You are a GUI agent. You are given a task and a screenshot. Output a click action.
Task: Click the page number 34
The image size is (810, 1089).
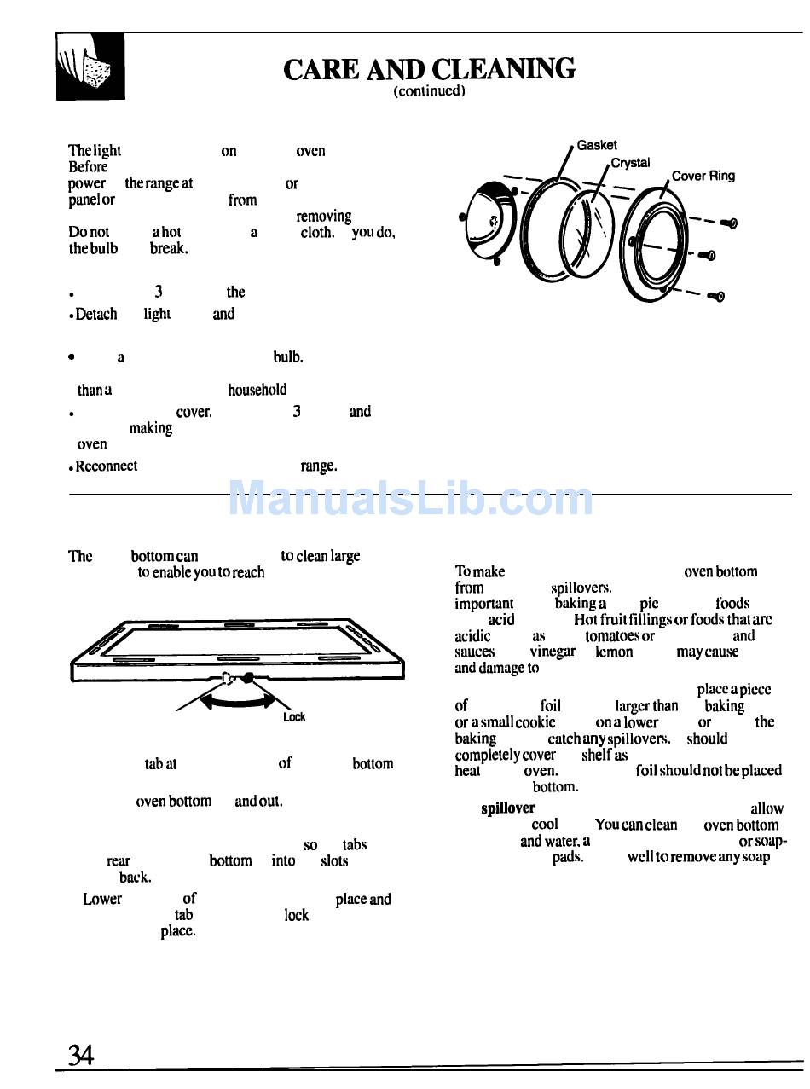pos(81,1056)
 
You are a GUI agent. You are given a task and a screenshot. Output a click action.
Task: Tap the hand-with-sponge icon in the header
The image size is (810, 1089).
pos(90,67)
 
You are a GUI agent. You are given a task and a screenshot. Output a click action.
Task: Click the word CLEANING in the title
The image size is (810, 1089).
pos(503,69)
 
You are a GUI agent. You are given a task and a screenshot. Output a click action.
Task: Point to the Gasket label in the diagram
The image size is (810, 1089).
pos(597,145)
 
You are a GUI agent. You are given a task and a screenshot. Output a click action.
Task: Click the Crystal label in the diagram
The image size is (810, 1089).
pos(630,162)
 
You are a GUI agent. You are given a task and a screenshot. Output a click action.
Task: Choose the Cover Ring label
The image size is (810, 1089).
pos(703,177)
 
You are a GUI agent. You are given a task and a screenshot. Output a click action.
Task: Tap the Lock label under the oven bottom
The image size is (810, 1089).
pos(294,717)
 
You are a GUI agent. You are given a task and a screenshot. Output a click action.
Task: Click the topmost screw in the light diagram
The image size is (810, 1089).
pos(728,223)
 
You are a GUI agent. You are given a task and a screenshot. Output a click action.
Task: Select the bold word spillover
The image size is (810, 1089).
pos(508,808)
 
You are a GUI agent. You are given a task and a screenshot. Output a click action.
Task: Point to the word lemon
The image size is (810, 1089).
pos(614,652)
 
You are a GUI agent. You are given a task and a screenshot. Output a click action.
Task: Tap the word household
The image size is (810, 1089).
pos(257,390)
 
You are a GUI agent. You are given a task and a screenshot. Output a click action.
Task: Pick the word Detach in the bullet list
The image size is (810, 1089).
pos(96,314)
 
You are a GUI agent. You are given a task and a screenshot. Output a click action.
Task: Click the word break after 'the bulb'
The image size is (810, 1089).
pos(168,249)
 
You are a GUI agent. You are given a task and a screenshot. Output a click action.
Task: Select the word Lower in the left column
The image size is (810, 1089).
pos(102,899)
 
